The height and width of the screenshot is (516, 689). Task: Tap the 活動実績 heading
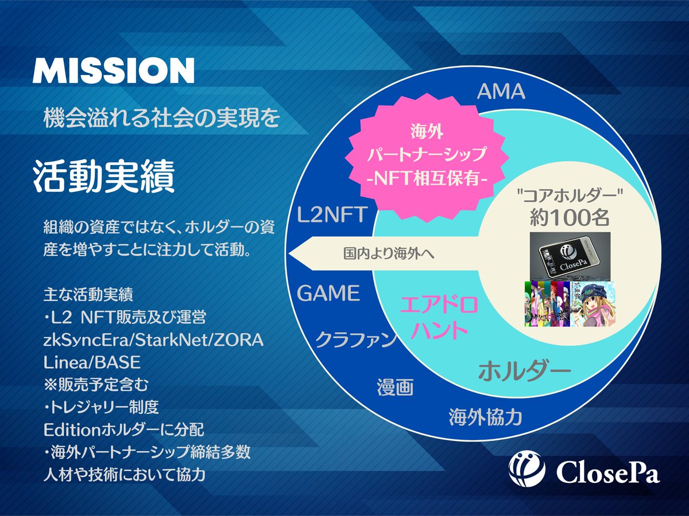coord(104,178)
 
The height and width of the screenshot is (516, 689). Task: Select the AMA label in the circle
coord(500,91)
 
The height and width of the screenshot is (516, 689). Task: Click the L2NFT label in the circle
coord(331,216)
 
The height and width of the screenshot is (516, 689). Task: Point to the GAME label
coord(328,294)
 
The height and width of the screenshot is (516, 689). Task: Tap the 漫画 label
coord(395,387)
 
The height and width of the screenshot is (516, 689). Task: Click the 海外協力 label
coord(485,417)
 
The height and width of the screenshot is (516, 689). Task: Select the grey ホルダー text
coord(524,371)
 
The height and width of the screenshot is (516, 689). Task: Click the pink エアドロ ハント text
coord(438,318)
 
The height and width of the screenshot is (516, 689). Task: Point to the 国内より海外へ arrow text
coord(388,252)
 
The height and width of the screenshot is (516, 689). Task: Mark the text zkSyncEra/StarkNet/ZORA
coord(153,340)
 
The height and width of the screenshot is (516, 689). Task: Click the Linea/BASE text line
coord(92,362)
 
